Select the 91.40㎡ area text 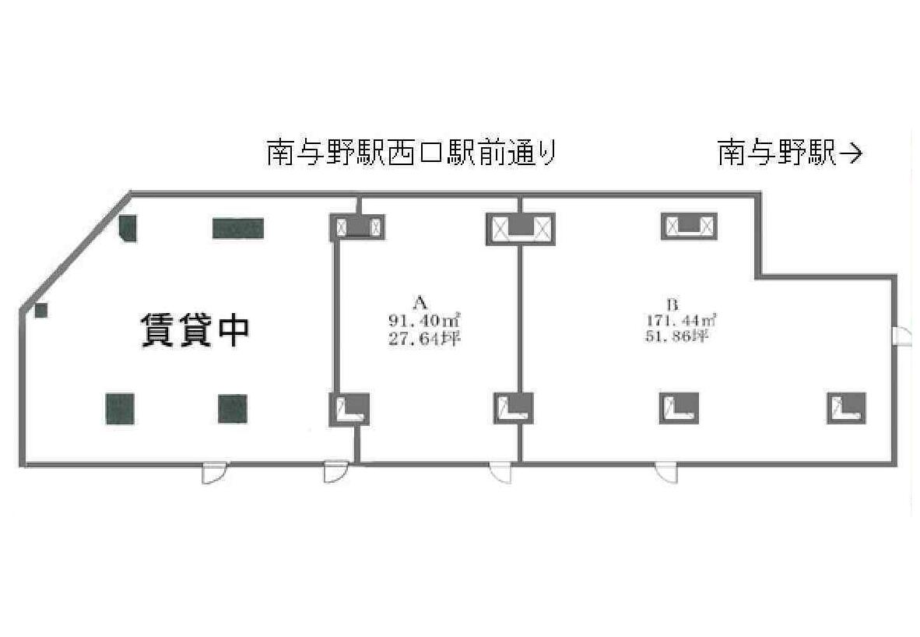point(423,321)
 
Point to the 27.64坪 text point(423,340)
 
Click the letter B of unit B point(673,304)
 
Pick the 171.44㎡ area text point(680,321)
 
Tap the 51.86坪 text point(676,337)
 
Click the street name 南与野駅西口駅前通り point(411,153)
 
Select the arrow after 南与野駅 point(850,154)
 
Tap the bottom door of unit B point(666,473)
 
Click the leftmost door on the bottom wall point(213,473)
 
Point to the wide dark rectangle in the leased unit point(237,228)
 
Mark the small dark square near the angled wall point(40,310)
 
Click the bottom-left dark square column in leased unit point(120,409)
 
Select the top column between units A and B point(521,228)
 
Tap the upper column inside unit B point(690,226)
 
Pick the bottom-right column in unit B point(847,408)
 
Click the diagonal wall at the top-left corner point(75,250)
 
